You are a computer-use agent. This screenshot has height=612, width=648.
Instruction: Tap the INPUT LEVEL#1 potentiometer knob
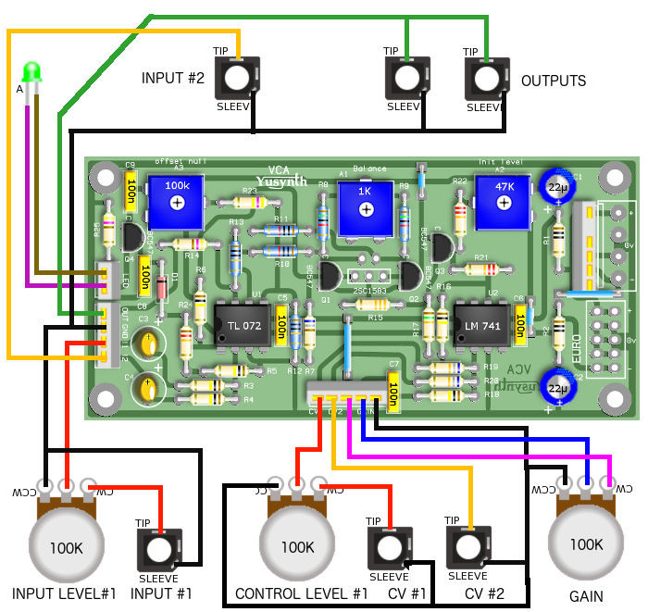[67, 547]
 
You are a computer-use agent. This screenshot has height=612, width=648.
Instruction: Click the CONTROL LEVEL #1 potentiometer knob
[297, 547]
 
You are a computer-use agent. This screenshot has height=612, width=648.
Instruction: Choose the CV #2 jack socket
[468, 547]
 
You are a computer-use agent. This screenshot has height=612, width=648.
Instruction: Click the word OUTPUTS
[554, 81]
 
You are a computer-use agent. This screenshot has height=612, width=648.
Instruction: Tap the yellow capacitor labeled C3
[147, 343]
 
